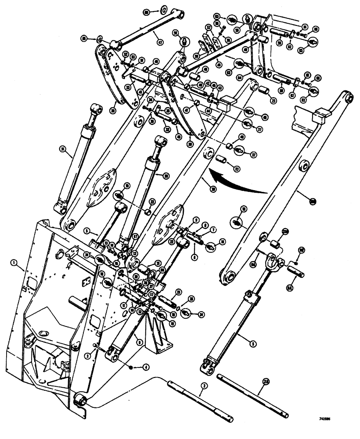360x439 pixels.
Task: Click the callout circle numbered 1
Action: coord(14,263)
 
